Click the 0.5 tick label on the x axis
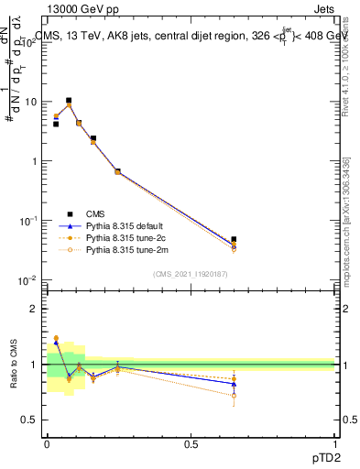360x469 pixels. [x=191, y=442]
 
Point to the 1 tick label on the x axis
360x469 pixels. [x=335, y=442]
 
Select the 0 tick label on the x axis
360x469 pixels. [x=47, y=442]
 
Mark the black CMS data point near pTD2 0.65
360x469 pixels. [x=234, y=239]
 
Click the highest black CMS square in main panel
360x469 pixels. [x=69, y=101]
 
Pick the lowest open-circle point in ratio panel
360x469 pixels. [x=234, y=396]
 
